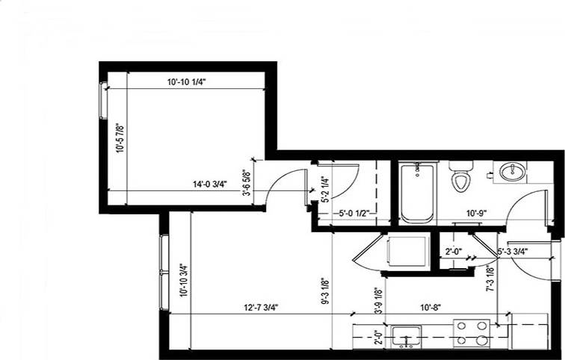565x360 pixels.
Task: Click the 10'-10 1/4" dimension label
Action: coord(187,83)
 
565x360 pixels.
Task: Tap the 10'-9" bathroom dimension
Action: coord(478,213)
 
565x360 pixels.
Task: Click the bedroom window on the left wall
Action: coord(104,99)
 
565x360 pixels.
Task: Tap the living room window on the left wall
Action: coord(163,272)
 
